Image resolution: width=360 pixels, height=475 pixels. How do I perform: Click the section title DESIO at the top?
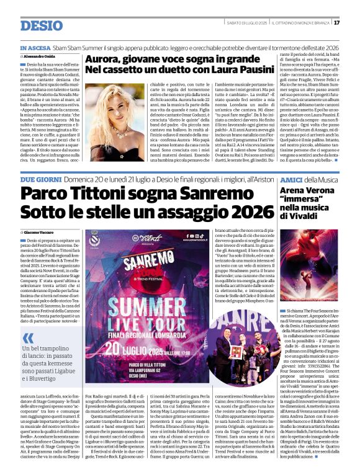42,25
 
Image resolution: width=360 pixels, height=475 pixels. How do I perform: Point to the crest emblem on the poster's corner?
94,239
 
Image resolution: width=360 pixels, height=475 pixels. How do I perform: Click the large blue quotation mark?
28,339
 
